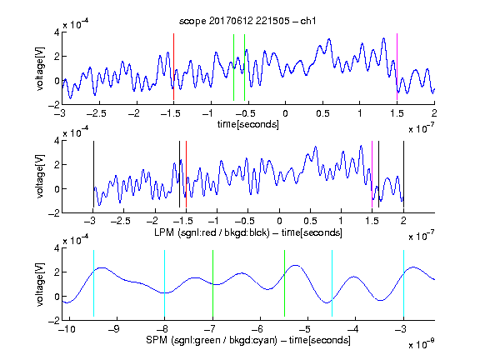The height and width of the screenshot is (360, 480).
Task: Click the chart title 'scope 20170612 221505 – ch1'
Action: click(x=247, y=21)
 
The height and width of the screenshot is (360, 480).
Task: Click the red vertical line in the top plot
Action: click(x=173, y=67)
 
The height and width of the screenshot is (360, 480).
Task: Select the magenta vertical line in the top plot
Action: click(x=397, y=67)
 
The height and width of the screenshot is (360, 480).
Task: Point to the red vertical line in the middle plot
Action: click(x=186, y=174)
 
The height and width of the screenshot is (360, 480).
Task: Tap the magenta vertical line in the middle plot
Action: click(x=372, y=174)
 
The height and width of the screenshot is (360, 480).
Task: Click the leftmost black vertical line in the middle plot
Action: click(x=93, y=174)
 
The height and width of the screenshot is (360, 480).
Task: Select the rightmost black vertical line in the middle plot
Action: click(x=403, y=174)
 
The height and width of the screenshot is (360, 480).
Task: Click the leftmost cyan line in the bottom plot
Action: click(x=93, y=283)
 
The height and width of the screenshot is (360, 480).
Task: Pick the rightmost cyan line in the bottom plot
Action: click(x=403, y=283)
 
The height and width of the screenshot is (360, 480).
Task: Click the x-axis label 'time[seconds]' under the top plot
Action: click(x=248, y=124)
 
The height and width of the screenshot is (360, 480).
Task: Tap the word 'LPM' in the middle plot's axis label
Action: click(x=164, y=232)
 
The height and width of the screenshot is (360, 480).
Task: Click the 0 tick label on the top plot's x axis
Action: click(x=285, y=113)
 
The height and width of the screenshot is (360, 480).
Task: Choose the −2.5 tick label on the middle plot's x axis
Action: click(x=121, y=221)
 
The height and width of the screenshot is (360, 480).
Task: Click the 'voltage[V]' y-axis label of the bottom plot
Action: click(x=40, y=284)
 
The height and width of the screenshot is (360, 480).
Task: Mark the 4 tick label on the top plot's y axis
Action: click(x=57, y=32)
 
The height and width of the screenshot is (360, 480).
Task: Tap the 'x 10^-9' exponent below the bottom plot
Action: click(x=421, y=343)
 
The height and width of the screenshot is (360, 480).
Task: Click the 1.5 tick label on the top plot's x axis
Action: click(x=397, y=113)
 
